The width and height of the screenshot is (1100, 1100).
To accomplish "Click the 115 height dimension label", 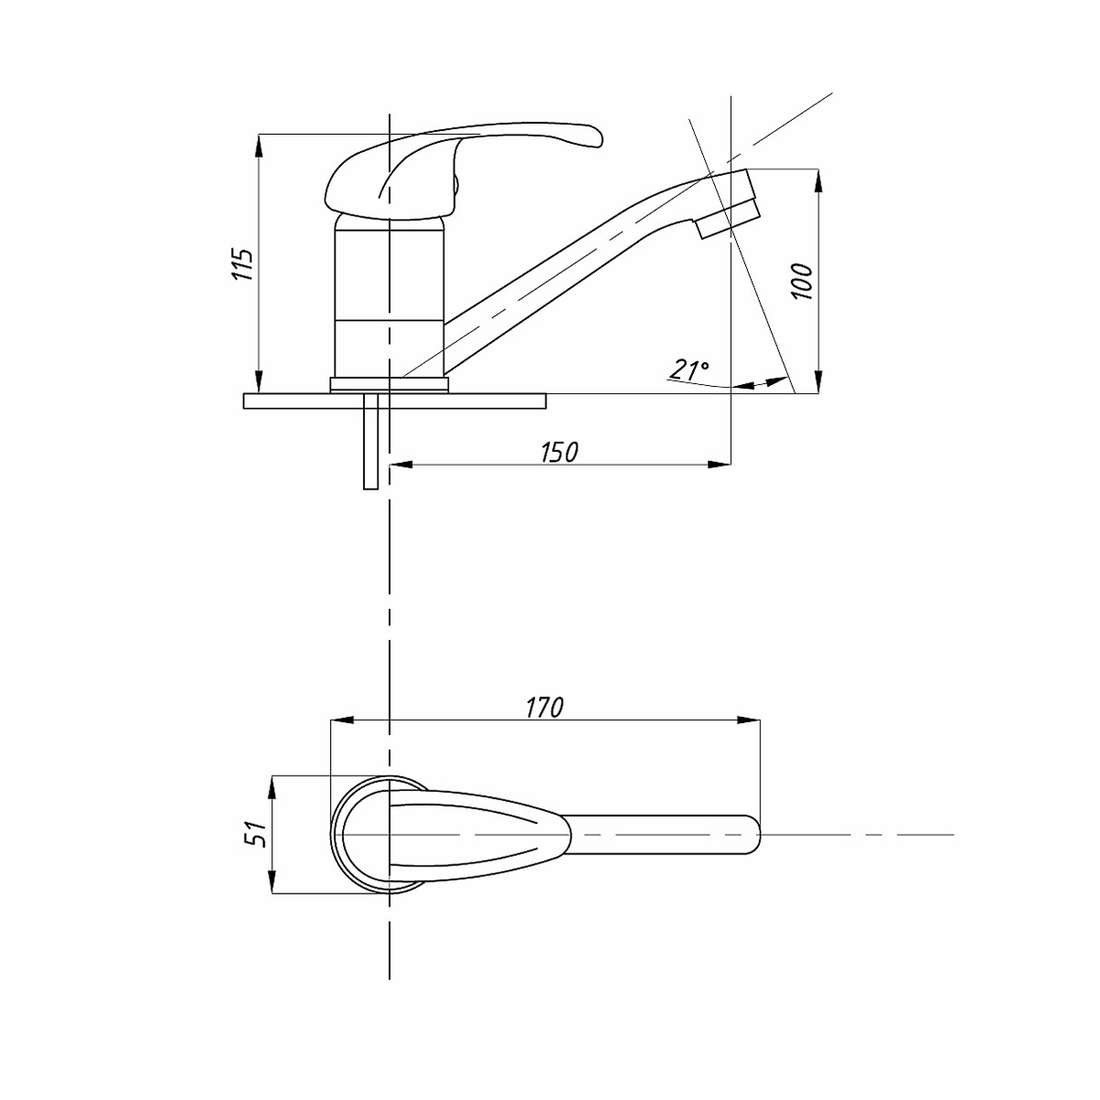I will point(241,264).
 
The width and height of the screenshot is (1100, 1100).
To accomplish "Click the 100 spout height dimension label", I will point(801,282).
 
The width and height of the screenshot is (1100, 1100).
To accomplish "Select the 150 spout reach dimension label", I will point(559,452).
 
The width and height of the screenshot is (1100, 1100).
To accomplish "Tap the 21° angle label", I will point(688,371).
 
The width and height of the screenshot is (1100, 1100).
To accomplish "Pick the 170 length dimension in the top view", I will point(544,708).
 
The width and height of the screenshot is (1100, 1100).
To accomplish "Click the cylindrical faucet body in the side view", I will point(389,293).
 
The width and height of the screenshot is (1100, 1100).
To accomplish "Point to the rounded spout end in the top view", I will point(747,834).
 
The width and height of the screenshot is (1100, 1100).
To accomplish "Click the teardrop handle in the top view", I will point(477,834).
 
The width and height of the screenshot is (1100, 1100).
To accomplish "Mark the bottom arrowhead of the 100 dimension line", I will point(817,385).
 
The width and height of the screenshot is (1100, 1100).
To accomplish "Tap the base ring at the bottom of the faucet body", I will point(389,384).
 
